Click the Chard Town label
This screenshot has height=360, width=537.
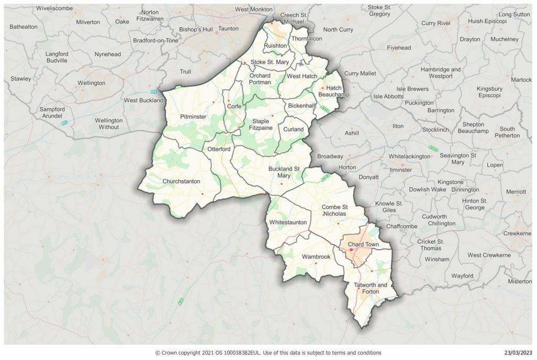pos(363,245)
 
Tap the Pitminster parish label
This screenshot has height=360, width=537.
pos(193,116)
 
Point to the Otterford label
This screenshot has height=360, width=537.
pos(219,150)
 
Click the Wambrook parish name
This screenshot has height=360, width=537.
pos(316,257)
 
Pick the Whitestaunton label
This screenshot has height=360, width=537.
pos(287,223)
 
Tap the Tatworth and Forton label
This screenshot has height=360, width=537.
pos(370,288)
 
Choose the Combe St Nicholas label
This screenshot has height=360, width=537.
pos(335,210)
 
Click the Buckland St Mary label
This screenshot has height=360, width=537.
pos(284,172)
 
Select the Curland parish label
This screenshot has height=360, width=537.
pos(293,129)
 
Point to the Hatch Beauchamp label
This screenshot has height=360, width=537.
pos(334,91)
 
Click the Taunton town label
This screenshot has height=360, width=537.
pos(228,29)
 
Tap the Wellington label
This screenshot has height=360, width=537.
pos(91,83)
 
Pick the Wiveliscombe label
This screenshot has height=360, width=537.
pos(55,8)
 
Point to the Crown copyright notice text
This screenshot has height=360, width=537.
pos(268,353)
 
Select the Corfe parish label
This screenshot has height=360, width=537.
pos(234,107)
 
